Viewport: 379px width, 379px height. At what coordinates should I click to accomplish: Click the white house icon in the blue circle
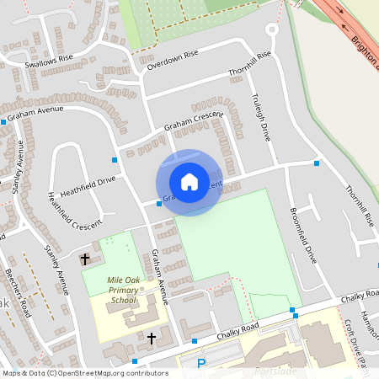click(189, 182)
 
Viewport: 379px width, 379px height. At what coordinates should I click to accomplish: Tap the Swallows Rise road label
click(50, 61)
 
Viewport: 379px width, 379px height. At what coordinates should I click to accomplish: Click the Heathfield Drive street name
click(87, 184)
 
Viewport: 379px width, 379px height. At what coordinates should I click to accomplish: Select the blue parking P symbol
click(200, 364)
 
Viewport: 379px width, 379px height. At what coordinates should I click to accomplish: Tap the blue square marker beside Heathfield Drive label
click(114, 159)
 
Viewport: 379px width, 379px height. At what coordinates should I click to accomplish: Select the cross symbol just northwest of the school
click(84, 259)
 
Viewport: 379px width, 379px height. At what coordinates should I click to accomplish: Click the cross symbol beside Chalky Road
click(152, 339)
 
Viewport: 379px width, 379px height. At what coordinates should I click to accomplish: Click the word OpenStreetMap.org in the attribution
click(93, 372)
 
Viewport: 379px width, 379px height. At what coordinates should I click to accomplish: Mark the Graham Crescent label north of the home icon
click(193, 121)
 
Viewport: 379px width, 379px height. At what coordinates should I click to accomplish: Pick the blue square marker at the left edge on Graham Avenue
click(3, 122)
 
